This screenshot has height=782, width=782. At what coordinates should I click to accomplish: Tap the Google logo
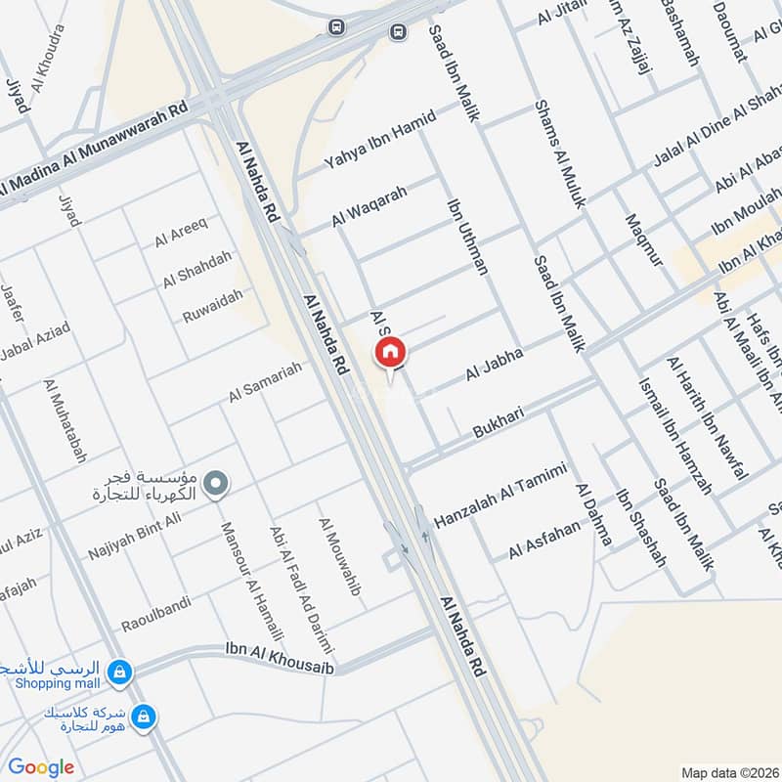pyautogui.click(x=41, y=767)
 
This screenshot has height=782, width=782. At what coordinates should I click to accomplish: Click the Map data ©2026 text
pyautogui.click(x=728, y=772)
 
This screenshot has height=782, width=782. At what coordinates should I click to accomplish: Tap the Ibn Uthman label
pyautogui.click(x=466, y=237)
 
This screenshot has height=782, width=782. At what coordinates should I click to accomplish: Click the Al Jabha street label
pyautogui.click(x=495, y=364)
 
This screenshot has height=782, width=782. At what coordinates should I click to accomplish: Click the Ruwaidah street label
pyautogui.click(x=212, y=305)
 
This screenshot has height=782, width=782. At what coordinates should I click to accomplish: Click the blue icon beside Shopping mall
pyautogui.click(x=120, y=673)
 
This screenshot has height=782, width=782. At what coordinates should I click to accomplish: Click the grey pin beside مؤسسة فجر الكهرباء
pyautogui.click(x=217, y=482)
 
